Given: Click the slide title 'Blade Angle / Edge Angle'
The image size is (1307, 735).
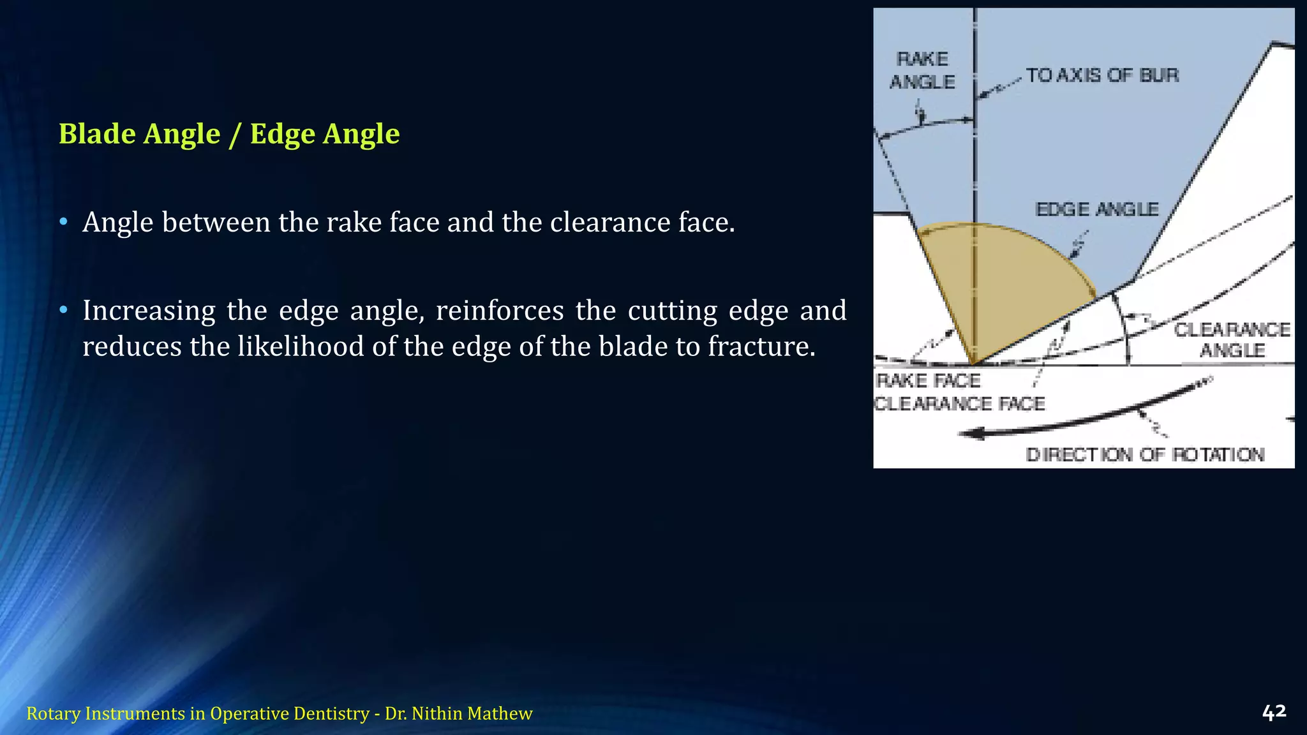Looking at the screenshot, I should tap(229, 134).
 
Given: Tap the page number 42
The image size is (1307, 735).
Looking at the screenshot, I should tap(1274, 712).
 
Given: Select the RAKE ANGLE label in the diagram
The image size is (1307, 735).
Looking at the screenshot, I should tap(922, 70).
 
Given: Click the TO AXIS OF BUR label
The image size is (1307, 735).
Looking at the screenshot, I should tap(1102, 75).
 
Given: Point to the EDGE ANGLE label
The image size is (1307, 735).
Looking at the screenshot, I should tap(1096, 209).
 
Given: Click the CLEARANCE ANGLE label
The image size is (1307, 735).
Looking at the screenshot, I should tap(1232, 339).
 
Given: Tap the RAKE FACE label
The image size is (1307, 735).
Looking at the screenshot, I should tap(929, 381).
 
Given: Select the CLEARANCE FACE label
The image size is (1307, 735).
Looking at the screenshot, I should tap(959, 404).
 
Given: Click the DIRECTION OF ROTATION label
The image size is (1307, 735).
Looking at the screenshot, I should tap(1145, 455).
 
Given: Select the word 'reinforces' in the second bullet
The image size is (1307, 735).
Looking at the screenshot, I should tap(500, 311).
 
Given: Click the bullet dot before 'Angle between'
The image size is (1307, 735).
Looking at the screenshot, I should tap(63, 223).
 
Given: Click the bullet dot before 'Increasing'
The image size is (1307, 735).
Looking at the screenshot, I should tap(63, 311).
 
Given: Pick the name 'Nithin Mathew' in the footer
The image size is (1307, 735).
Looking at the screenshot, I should tap(472, 713).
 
